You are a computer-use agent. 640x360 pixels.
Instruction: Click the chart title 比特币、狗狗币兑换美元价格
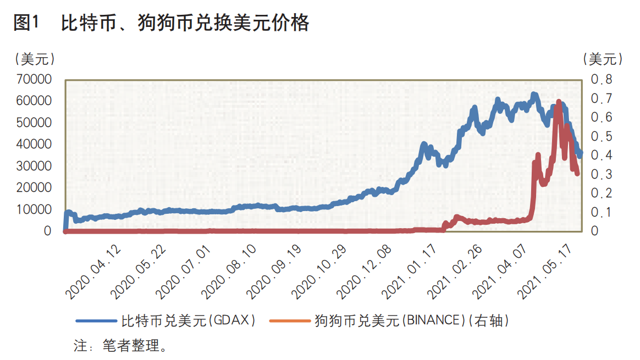pyautogui.click(x=185, y=23)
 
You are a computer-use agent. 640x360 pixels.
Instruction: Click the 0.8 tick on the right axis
pyautogui.click(x=602, y=80)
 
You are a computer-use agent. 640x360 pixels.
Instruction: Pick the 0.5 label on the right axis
pyautogui.click(x=602, y=136)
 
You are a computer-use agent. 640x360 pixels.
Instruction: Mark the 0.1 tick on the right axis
pyautogui.click(x=602, y=212)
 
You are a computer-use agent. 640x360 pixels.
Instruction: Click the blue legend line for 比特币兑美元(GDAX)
pyautogui.click(x=96, y=320)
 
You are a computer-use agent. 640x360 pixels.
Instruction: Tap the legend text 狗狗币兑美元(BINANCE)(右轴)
pyautogui.click(x=411, y=320)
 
